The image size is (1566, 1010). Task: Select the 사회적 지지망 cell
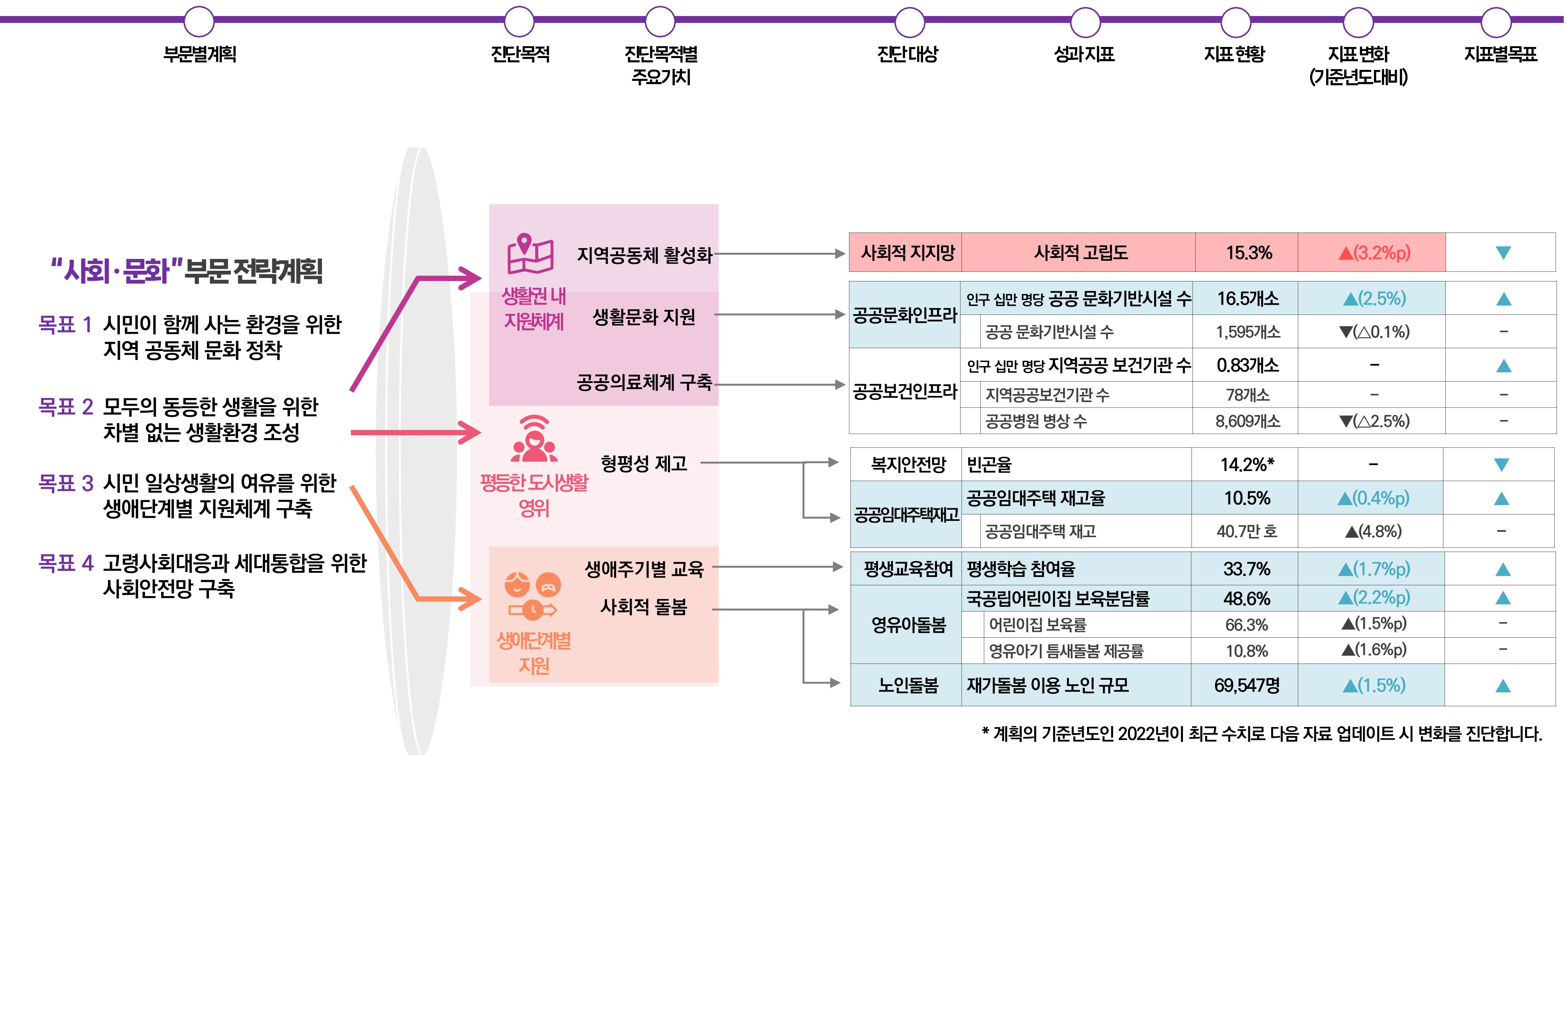coord(907,252)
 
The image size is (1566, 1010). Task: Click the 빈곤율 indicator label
coord(989,464)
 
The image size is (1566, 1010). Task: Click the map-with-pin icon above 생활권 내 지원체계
coord(530,254)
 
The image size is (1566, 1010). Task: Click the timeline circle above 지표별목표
coord(1496,22)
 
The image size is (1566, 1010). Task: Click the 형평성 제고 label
coord(643,464)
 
